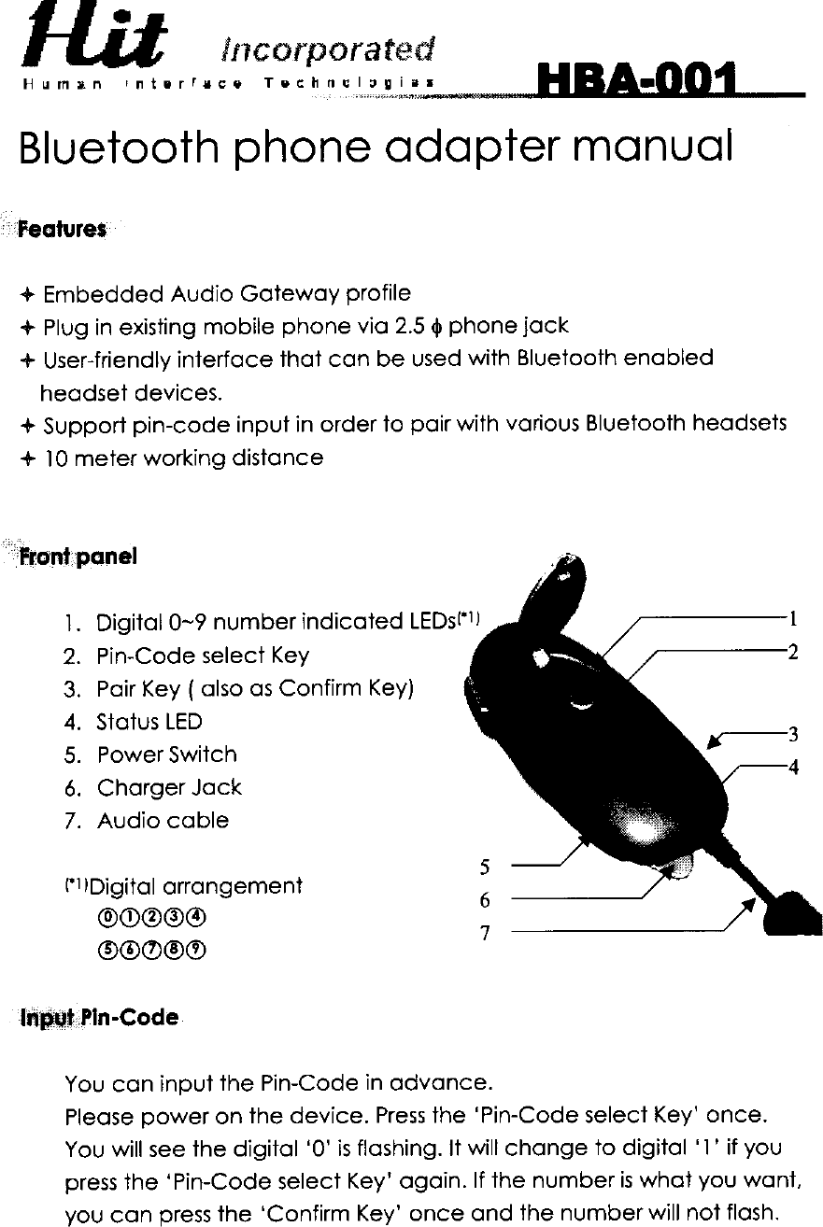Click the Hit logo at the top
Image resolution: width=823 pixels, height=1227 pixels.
(x=96, y=47)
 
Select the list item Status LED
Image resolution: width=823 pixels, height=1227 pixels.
(x=149, y=722)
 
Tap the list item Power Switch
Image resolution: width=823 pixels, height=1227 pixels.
(x=166, y=755)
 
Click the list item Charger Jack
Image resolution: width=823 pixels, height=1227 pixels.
(x=169, y=787)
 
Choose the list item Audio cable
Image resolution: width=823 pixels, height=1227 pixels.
(x=163, y=821)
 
